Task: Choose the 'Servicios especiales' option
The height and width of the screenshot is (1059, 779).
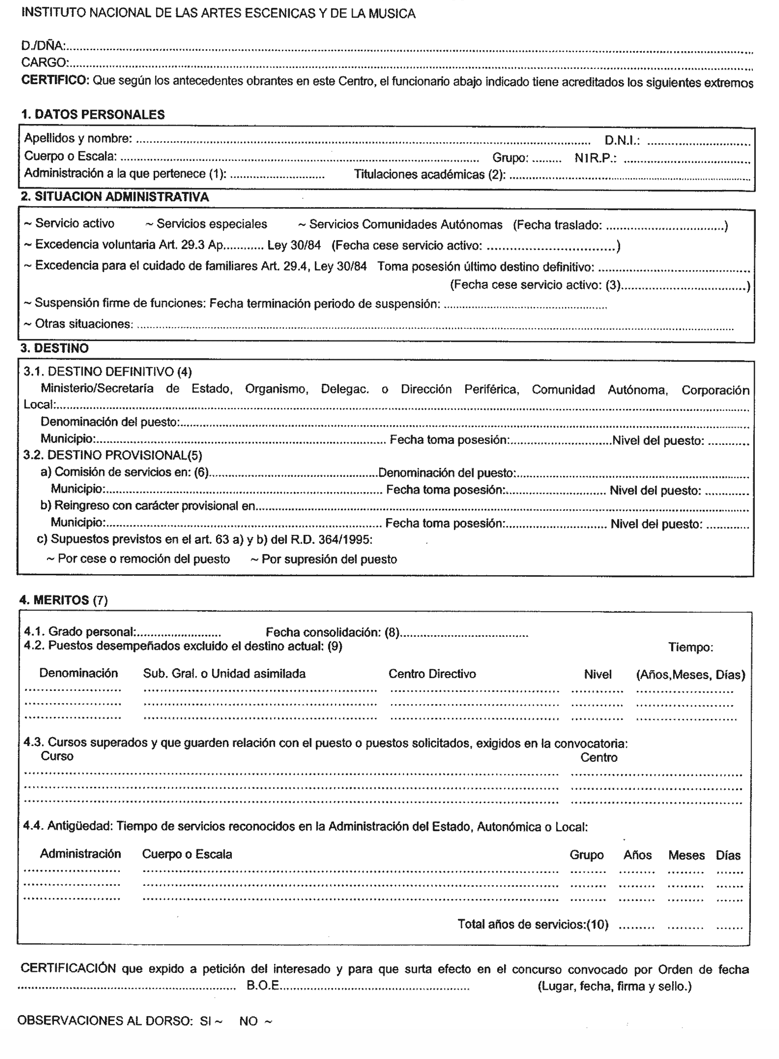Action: [x=206, y=224]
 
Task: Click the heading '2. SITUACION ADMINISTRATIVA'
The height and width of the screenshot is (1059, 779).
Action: [x=115, y=197]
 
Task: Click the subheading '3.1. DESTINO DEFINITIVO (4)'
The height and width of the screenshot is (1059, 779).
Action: [x=108, y=372]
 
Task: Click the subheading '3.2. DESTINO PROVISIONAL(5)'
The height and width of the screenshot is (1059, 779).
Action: [x=113, y=455]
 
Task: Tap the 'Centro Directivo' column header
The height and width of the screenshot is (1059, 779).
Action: [x=432, y=674]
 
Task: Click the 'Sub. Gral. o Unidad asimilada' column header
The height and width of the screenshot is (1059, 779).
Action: [x=224, y=674]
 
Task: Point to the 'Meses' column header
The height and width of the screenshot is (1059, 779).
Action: [x=686, y=855]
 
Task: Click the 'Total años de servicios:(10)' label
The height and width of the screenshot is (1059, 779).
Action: [x=533, y=924]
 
